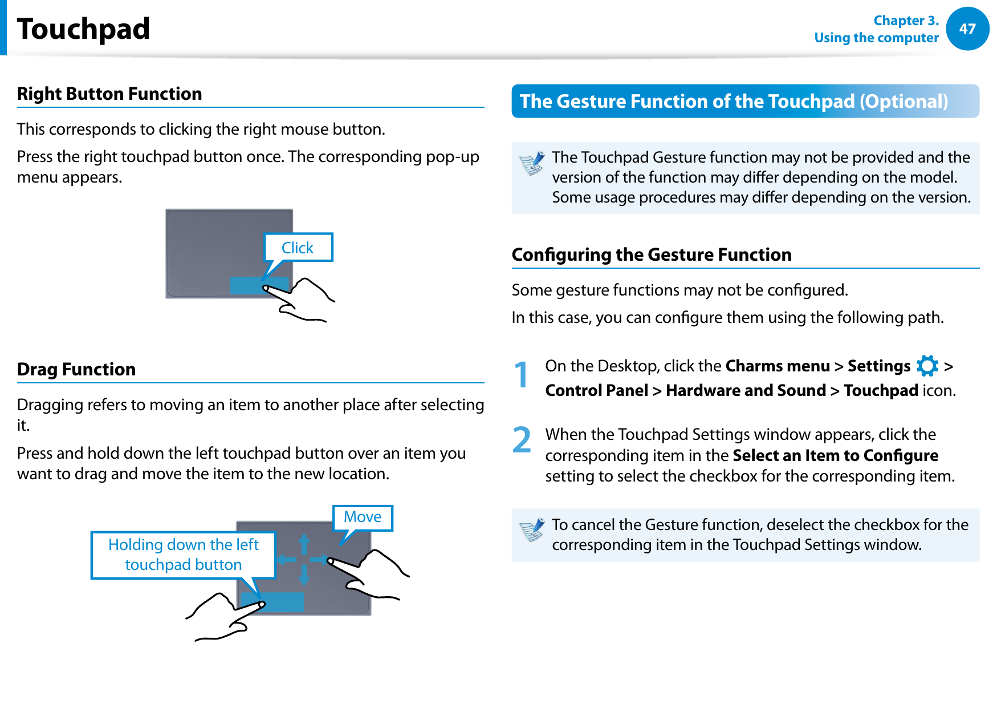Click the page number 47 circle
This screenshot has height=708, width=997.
(967, 29)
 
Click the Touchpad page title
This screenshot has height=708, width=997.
(83, 29)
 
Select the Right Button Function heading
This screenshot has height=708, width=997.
(109, 94)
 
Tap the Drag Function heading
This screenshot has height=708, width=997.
(76, 369)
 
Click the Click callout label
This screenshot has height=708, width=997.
(298, 248)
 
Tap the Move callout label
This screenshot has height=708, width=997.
(363, 517)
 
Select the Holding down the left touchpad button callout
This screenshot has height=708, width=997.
(183, 555)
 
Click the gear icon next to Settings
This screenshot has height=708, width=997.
(927, 366)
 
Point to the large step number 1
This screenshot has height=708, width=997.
(521, 375)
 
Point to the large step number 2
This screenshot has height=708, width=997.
(521, 440)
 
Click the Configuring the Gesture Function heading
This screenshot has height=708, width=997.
(652, 254)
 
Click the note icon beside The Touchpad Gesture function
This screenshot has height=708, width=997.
(532, 164)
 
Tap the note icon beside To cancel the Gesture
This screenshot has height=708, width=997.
(532, 530)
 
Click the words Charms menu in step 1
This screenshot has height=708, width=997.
(777, 366)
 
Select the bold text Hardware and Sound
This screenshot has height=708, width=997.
(746, 390)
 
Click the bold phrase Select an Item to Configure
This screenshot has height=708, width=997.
(835, 455)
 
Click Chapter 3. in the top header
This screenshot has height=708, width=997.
(905, 21)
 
